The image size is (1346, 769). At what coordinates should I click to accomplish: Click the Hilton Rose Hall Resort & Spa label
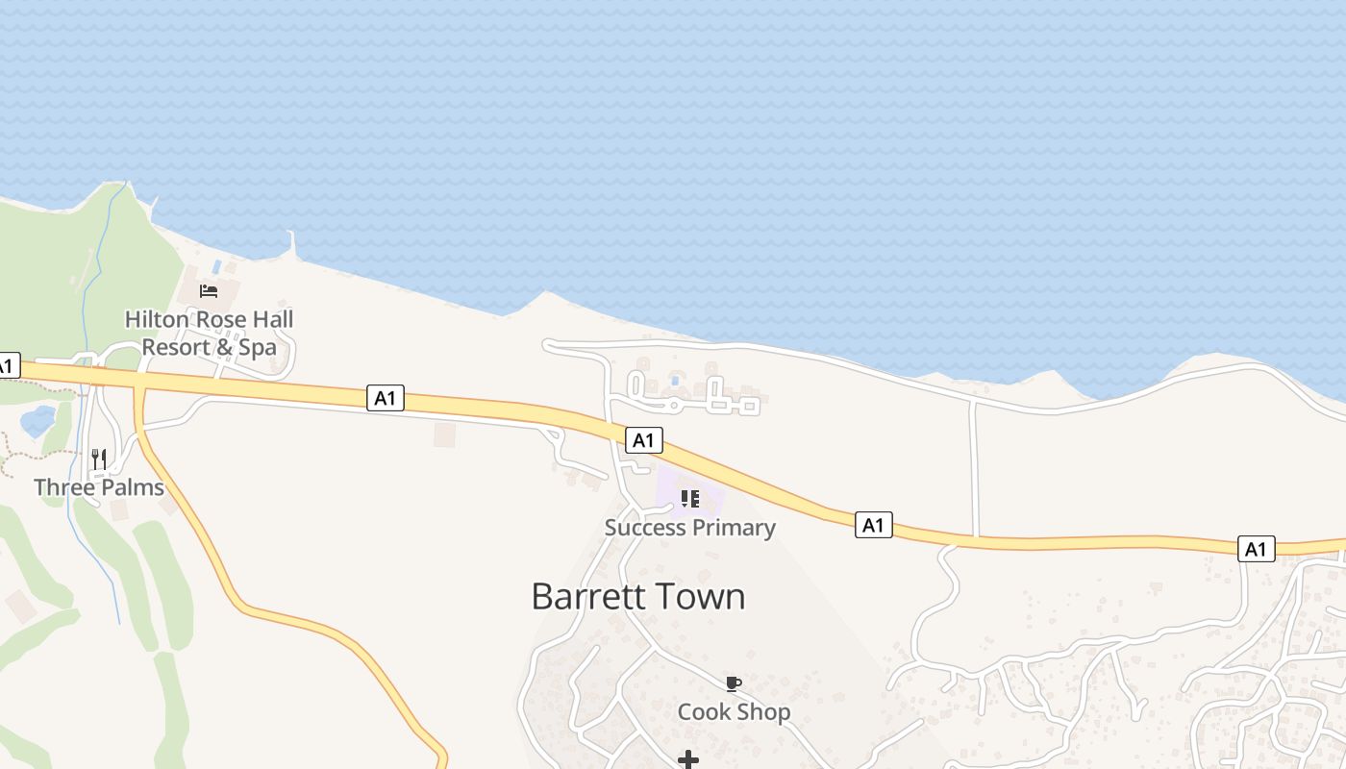coord(209,333)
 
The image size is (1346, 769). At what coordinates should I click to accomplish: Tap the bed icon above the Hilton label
coord(209,290)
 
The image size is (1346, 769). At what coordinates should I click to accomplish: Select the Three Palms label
coord(99,487)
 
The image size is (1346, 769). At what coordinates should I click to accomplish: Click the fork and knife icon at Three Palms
coord(99,459)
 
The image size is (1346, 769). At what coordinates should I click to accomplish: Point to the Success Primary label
coord(689,528)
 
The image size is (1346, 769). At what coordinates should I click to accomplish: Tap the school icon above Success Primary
coord(689,499)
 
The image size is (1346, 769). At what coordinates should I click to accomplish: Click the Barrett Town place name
coord(638,597)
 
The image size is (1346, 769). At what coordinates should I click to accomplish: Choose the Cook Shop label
coord(734,712)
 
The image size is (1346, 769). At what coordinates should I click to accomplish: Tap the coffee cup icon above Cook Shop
coord(734,683)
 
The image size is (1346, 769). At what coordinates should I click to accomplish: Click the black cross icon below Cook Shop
coord(688,760)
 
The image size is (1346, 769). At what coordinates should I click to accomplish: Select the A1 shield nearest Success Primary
coord(644,440)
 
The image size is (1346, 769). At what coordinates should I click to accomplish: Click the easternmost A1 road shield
coord(1256,549)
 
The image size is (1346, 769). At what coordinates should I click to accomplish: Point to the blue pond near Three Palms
coord(37,421)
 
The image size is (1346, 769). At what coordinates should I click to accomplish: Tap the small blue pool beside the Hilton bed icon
coord(217,264)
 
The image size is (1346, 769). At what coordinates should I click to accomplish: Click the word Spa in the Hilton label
coord(257,347)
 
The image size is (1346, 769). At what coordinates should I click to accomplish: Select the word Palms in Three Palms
coord(133,487)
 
